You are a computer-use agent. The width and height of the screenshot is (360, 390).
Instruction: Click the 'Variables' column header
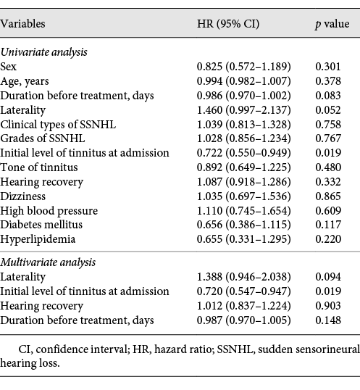pos(22,24)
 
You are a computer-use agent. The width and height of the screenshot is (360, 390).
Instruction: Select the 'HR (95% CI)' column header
pos(228,24)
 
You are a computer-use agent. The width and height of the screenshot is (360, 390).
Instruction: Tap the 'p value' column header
pos(332,25)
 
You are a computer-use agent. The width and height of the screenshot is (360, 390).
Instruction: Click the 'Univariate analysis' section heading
pos(43,52)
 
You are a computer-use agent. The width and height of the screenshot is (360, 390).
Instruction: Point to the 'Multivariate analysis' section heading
pos(48,262)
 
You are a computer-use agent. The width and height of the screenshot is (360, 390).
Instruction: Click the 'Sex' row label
pos(8,67)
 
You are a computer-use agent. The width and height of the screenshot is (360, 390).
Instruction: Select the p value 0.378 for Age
pos(328,81)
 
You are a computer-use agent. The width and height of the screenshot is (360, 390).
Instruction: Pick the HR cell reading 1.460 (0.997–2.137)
pos(243,110)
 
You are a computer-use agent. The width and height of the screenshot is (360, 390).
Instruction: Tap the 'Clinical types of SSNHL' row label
pos(58,125)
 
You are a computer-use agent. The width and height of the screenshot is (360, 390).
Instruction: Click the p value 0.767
pos(328,138)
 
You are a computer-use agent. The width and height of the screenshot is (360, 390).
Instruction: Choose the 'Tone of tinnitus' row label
pos(39,167)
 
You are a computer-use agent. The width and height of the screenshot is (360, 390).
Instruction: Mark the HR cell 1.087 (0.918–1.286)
pos(243,182)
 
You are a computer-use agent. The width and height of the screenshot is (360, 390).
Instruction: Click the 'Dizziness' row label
pos(23,196)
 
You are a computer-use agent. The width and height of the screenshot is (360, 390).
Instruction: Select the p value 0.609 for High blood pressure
pos(328,211)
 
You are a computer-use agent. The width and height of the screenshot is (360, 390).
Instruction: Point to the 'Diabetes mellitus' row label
pos(41,225)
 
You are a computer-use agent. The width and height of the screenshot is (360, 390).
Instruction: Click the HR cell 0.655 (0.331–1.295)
pos(243,239)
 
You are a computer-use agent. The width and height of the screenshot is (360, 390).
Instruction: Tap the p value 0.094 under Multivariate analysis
pos(328,277)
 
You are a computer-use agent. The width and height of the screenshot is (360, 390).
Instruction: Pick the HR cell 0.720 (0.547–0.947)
pos(243,291)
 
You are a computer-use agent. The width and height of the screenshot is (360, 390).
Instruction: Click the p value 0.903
pos(328,306)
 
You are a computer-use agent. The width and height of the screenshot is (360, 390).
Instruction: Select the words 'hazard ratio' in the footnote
pos(183,349)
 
